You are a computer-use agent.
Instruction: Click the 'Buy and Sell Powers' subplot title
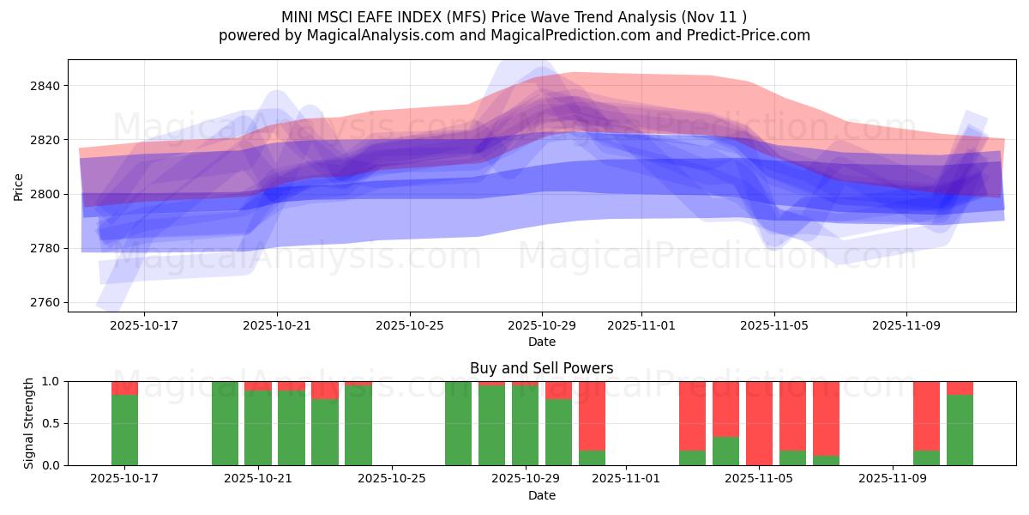541,368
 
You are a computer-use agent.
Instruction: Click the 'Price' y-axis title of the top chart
19,185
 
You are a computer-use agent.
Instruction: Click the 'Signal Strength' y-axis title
29,423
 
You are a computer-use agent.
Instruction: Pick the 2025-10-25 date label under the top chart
409,326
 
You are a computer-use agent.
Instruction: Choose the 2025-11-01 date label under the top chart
641,326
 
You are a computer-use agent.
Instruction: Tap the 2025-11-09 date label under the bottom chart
893,479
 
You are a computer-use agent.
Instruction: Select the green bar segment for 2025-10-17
124,429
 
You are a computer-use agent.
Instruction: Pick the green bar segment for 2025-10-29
525,425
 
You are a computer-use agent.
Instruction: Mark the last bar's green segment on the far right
960,429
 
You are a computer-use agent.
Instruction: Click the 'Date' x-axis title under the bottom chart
541,495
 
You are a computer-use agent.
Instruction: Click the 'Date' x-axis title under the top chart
541,342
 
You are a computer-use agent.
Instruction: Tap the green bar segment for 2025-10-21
258,427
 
